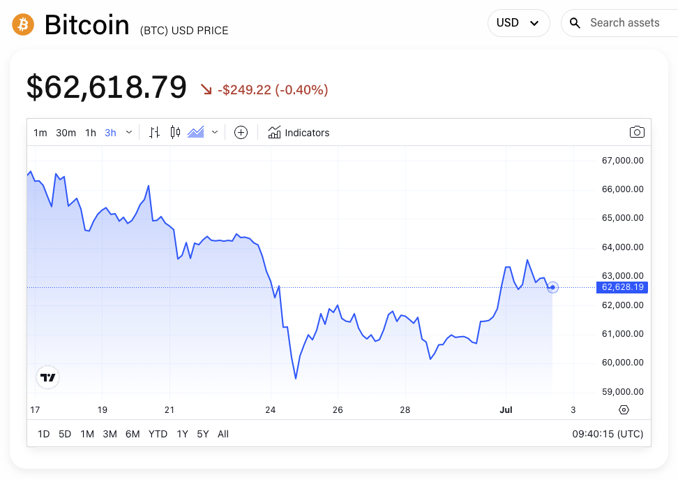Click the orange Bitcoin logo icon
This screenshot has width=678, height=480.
click(x=23, y=25)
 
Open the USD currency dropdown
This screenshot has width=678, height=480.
click(x=518, y=23)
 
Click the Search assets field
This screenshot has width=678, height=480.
click(x=624, y=23)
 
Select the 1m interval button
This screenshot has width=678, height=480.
click(x=40, y=133)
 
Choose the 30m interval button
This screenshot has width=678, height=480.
click(x=66, y=133)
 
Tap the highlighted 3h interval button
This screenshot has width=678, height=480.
click(x=110, y=133)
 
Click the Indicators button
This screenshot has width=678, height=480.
click(x=299, y=133)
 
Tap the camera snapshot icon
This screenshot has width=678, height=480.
click(x=636, y=132)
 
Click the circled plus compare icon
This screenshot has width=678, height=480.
click(x=241, y=133)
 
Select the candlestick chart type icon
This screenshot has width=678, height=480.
click(x=175, y=132)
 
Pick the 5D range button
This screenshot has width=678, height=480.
click(x=65, y=434)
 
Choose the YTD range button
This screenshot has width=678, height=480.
click(x=158, y=434)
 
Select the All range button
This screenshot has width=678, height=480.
click(x=223, y=434)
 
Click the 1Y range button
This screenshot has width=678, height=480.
click(x=182, y=434)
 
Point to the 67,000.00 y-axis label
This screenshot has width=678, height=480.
click(x=622, y=160)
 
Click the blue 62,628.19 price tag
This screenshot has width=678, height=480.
click(x=622, y=287)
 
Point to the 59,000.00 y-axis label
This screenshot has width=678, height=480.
click(x=622, y=391)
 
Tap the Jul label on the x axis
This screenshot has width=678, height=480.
click(x=506, y=409)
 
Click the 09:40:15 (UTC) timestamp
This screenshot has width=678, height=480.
click(x=607, y=434)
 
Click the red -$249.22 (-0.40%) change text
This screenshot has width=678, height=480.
click(x=272, y=89)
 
